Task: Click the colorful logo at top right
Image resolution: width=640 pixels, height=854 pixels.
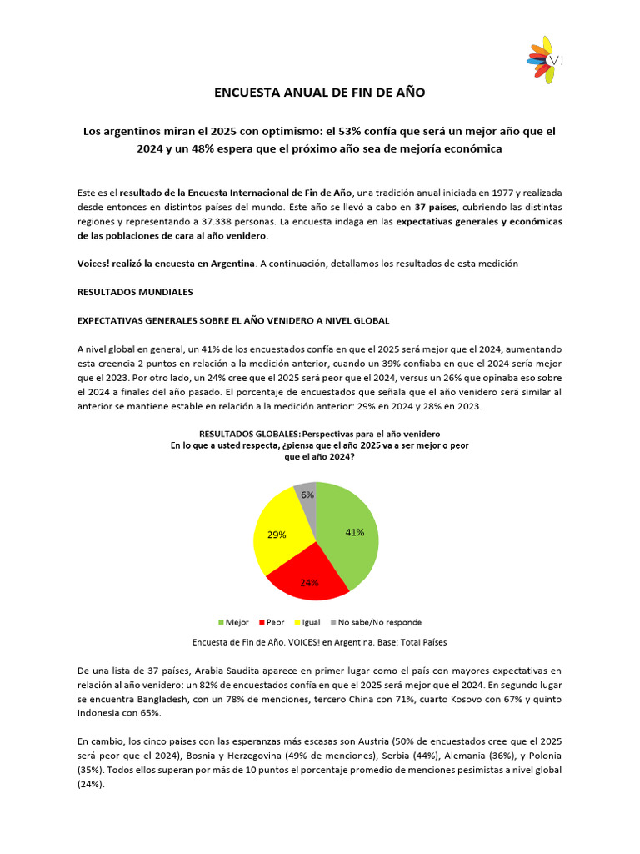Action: coord(542,60)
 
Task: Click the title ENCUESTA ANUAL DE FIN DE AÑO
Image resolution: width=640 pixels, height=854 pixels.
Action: coord(320,93)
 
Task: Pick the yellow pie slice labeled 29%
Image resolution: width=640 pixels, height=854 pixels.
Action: coord(279,535)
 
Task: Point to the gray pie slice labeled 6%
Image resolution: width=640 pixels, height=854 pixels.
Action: coord(307,495)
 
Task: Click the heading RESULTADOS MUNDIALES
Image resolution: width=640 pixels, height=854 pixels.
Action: coord(135,292)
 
